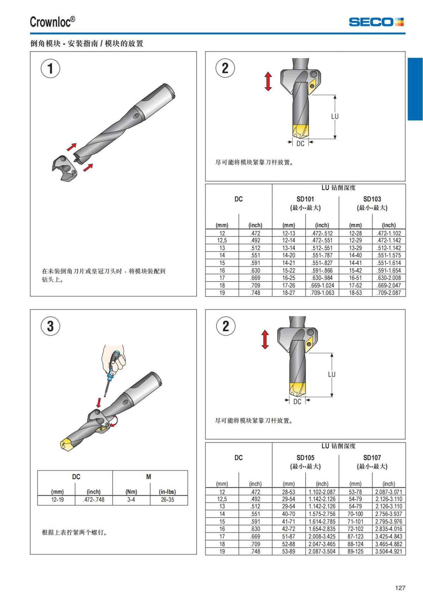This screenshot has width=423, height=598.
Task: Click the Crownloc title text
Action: click(x=52, y=22)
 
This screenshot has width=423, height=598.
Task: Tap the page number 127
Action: click(x=400, y=588)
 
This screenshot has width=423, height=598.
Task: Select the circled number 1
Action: click(x=50, y=68)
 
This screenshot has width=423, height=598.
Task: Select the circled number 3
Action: click(x=50, y=326)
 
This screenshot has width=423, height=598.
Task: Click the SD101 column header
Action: click(x=305, y=199)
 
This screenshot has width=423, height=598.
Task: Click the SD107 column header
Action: click(x=372, y=457)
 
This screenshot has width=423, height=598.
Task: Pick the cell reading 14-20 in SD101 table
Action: click(x=289, y=255)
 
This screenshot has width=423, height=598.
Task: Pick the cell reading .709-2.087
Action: click(x=388, y=293)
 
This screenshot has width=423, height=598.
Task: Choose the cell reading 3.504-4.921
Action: click(x=388, y=551)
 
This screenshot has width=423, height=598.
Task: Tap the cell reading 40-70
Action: click(x=289, y=514)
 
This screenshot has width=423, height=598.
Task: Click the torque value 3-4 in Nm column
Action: click(x=131, y=500)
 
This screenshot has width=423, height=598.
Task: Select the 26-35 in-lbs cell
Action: click(x=167, y=500)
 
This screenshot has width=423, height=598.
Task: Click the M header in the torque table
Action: click(x=149, y=477)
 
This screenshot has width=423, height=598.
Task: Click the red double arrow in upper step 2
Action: click(x=268, y=81)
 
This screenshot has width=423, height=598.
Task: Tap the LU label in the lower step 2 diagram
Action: click(x=332, y=374)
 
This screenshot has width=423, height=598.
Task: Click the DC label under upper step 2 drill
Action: click(x=300, y=144)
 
